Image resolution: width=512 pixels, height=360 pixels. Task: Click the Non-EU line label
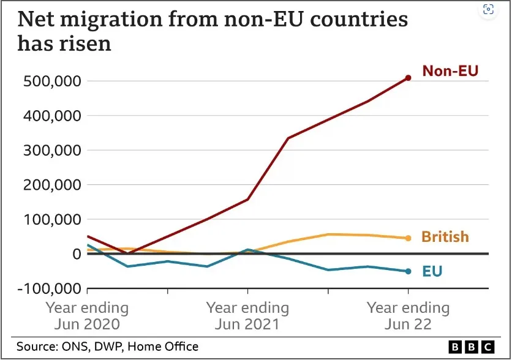point(450,72)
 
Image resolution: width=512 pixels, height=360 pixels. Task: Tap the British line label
point(445,237)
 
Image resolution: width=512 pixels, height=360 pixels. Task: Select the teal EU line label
point(432,271)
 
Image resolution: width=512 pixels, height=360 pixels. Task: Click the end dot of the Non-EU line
point(408,78)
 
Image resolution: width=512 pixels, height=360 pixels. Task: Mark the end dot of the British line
point(408,238)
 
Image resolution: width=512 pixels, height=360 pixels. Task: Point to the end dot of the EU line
point(408,271)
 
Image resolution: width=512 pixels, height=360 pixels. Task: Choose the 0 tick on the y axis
point(76,254)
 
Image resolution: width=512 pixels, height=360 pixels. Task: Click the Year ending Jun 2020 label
point(88,315)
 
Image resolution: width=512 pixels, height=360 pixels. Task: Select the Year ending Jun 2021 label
point(247,315)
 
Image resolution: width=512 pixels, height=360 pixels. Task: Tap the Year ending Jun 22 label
point(408,315)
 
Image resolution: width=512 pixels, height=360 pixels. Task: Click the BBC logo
point(472,347)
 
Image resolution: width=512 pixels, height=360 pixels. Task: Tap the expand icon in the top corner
point(488,9)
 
